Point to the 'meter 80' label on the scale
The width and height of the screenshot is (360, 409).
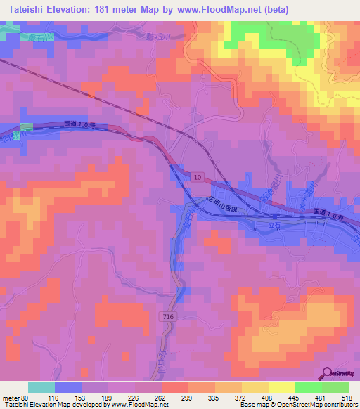click(12, 398)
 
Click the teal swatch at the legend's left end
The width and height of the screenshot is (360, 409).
click(41, 387)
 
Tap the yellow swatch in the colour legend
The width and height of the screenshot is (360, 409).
click(281, 387)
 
